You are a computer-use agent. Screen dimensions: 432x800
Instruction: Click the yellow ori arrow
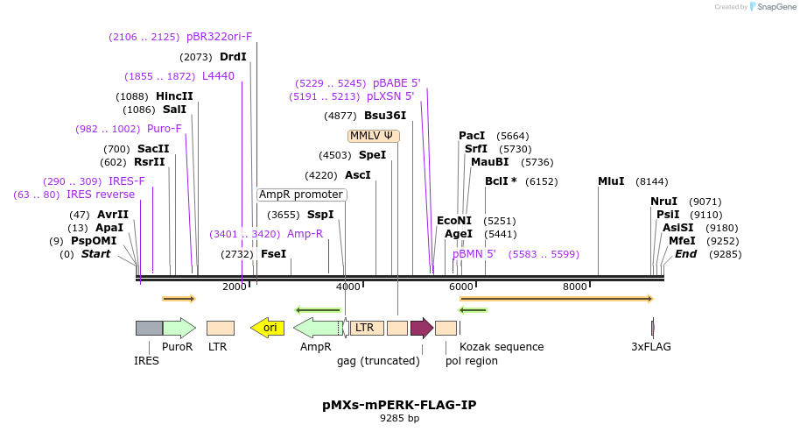click(x=267, y=328)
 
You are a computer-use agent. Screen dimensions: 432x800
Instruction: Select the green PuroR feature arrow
click(x=179, y=328)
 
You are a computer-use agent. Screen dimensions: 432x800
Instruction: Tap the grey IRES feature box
click(x=149, y=328)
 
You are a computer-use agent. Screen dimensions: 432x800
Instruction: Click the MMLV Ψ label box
click(x=374, y=136)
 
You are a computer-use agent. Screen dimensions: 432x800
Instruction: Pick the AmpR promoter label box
click(x=301, y=195)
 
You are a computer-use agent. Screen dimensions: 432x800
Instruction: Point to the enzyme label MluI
click(x=611, y=181)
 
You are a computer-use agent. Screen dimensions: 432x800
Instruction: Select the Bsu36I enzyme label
click(x=385, y=116)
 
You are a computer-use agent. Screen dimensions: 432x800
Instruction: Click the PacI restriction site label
click(x=472, y=136)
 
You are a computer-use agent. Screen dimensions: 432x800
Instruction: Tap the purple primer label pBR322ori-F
click(x=219, y=37)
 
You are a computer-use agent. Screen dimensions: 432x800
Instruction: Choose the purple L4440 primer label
click(x=218, y=76)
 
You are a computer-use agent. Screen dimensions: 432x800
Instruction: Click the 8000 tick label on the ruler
click(x=574, y=287)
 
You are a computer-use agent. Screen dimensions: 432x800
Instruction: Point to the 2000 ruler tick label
click(x=234, y=287)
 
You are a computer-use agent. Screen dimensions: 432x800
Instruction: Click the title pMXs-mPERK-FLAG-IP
click(x=399, y=405)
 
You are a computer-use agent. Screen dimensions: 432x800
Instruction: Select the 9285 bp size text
click(x=399, y=419)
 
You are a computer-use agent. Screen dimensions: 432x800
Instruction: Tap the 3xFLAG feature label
click(x=651, y=347)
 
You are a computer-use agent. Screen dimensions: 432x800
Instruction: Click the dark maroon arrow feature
click(x=422, y=328)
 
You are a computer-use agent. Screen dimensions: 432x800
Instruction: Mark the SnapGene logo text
click(x=769, y=7)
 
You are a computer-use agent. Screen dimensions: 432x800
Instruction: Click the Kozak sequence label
click(x=502, y=347)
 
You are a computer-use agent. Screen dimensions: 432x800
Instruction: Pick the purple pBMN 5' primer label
click(x=474, y=254)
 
